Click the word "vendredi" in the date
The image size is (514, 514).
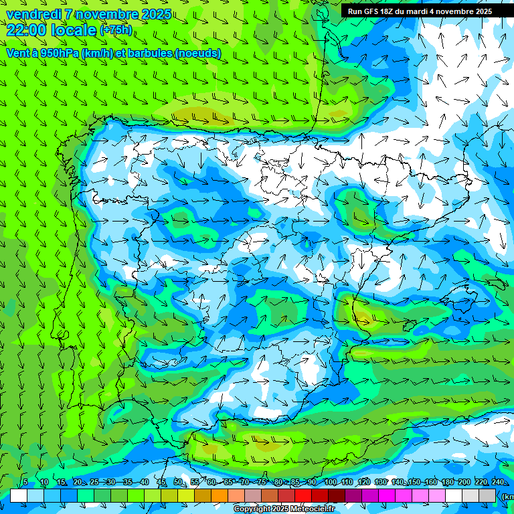tap(33, 13)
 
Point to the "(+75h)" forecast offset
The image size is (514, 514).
tap(115, 30)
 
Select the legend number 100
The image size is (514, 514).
tap(330, 483)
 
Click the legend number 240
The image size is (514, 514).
tap(497, 483)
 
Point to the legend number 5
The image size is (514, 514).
tap(25, 483)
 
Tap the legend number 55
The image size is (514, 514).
tap(195, 483)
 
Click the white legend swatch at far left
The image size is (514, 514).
tap(19, 495)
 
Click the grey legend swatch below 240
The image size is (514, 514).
tap(487, 495)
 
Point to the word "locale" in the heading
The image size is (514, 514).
tap(72, 29)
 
